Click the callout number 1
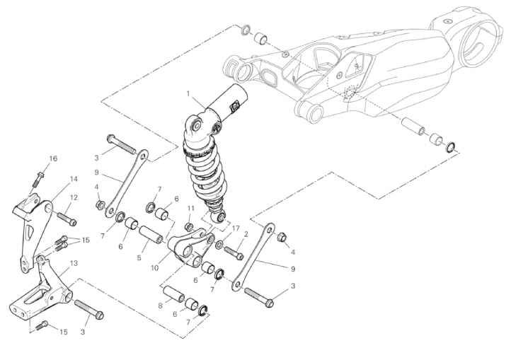(x=188, y=93)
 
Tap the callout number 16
(x=53, y=158)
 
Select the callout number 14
(x=74, y=179)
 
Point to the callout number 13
(x=74, y=263)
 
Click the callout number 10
(x=155, y=268)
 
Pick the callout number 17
(x=235, y=228)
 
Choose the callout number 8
(x=161, y=306)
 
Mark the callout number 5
(x=139, y=258)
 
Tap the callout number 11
(x=190, y=208)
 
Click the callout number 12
(x=74, y=198)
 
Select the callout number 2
(x=246, y=234)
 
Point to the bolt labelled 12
(x=68, y=219)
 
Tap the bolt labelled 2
(x=234, y=252)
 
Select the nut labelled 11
(x=189, y=227)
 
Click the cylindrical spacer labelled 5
(x=151, y=236)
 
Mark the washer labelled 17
(x=219, y=244)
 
